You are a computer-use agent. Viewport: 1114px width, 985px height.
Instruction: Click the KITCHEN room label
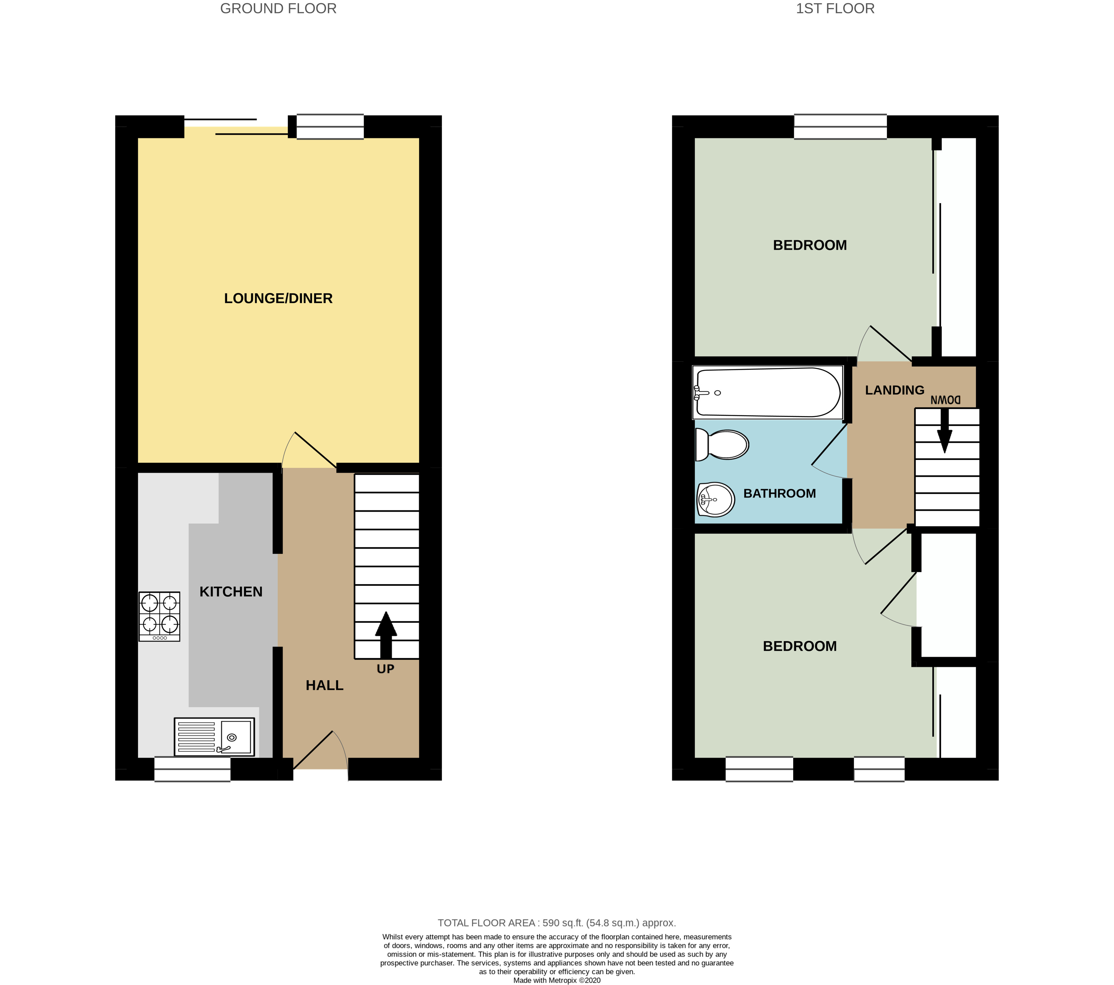(231, 592)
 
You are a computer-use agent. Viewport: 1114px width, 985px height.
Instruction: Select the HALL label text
(324, 686)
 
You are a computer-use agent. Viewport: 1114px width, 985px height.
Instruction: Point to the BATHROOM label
(780, 494)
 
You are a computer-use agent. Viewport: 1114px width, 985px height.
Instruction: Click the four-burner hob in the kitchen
(159, 616)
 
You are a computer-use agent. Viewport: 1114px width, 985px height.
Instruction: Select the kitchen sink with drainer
(214, 737)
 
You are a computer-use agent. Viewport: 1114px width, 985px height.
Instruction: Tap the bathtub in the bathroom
(768, 393)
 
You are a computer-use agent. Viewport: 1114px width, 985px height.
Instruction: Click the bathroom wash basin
(716, 499)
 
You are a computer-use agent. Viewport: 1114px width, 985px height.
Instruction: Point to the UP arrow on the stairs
(386, 635)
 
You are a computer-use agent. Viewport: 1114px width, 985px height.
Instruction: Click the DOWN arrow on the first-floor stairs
(944, 430)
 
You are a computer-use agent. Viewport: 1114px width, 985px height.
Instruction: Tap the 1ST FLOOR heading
(835, 9)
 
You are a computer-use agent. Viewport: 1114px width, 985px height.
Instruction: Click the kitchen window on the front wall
(192, 769)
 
